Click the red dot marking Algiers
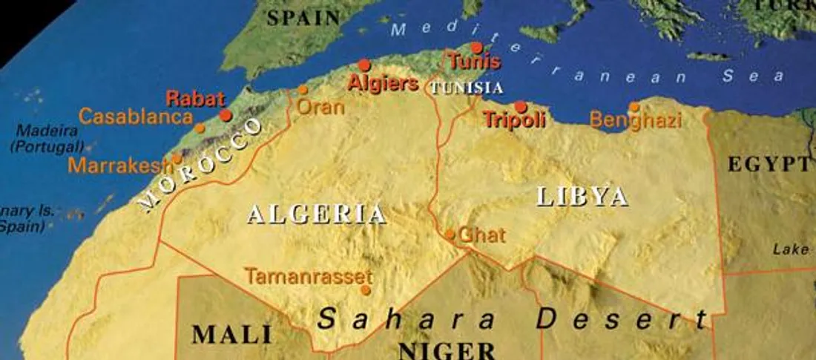pyautogui.click(x=364, y=65)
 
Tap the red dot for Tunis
pyautogui.click(x=476, y=47)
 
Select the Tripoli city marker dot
pyautogui.click(x=521, y=106)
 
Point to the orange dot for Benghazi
pyautogui.click(x=634, y=107)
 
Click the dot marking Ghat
pyautogui.click(x=450, y=235)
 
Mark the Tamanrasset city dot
pyautogui.click(x=366, y=290)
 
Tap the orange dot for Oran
pyautogui.click(x=303, y=90)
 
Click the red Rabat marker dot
pyautogui.click(x=226, y=115)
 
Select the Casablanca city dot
pyautogui.click(x=200, y=128)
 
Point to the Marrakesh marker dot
pyautogui.click(x=177, y=158)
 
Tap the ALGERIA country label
pyautogui.click(x=317, y=215)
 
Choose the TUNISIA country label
pyautogui.click(x=467, y=88)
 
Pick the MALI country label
pyautogui.click(x=232, y=335)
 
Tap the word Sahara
pyautogui.click(x=406, y=320)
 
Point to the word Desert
pyautogui.click(x=622, y=320)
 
